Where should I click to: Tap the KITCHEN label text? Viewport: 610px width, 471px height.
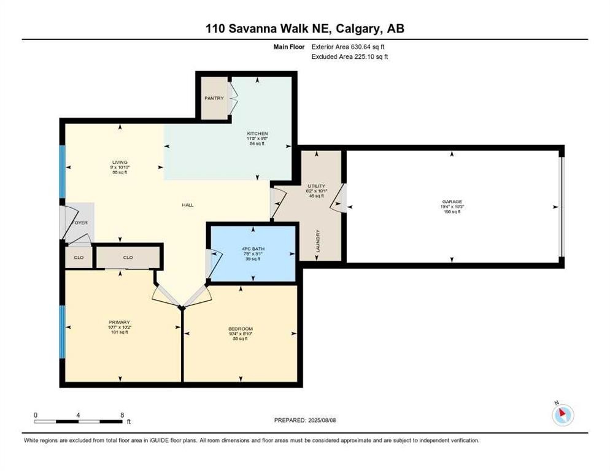(x=257, y=134)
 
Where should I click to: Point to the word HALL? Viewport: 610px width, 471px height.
(x=188, y=205)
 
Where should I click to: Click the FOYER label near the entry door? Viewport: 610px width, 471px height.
(x=80, y=223)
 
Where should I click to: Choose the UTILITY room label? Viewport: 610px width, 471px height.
(x=316, y=185)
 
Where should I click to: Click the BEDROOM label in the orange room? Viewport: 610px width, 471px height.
(x=241, y=329)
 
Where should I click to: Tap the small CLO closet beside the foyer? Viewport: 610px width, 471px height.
(x=79, y=257)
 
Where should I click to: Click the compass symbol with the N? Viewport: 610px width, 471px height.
(x=563, y=415)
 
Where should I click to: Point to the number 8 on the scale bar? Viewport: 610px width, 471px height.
(x=122, y=415)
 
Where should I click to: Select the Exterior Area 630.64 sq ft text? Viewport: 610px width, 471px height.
(x=349, y=47)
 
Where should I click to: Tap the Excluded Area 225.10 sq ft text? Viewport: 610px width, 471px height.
(x=350, y=56)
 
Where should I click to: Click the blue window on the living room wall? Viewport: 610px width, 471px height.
(x=61, y=172)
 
